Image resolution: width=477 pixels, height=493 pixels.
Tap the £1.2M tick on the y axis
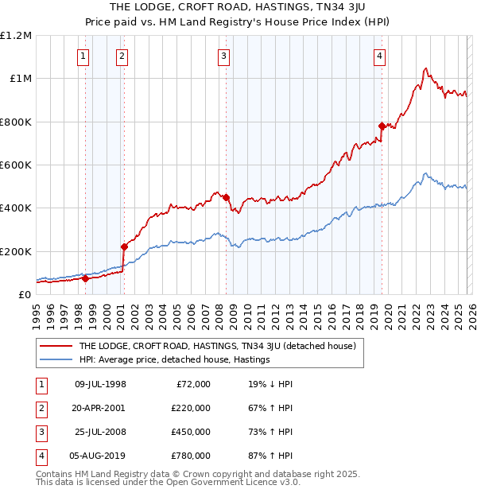16,36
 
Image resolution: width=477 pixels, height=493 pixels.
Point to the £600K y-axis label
15,165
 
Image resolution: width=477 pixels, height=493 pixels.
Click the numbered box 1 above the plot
83,56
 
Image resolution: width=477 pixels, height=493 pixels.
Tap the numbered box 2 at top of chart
122,56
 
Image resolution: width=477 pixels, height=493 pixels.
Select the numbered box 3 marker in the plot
224,56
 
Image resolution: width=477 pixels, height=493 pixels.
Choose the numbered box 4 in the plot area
380,56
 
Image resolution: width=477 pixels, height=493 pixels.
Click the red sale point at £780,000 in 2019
382,126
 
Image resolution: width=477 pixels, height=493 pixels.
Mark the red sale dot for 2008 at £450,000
227,197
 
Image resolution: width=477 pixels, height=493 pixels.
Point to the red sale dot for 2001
124,246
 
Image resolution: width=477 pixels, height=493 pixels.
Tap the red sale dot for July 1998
85,278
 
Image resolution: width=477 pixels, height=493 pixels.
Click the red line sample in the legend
56,346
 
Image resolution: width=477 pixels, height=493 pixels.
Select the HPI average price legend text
175,359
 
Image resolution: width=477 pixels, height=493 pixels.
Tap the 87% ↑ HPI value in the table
270,455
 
